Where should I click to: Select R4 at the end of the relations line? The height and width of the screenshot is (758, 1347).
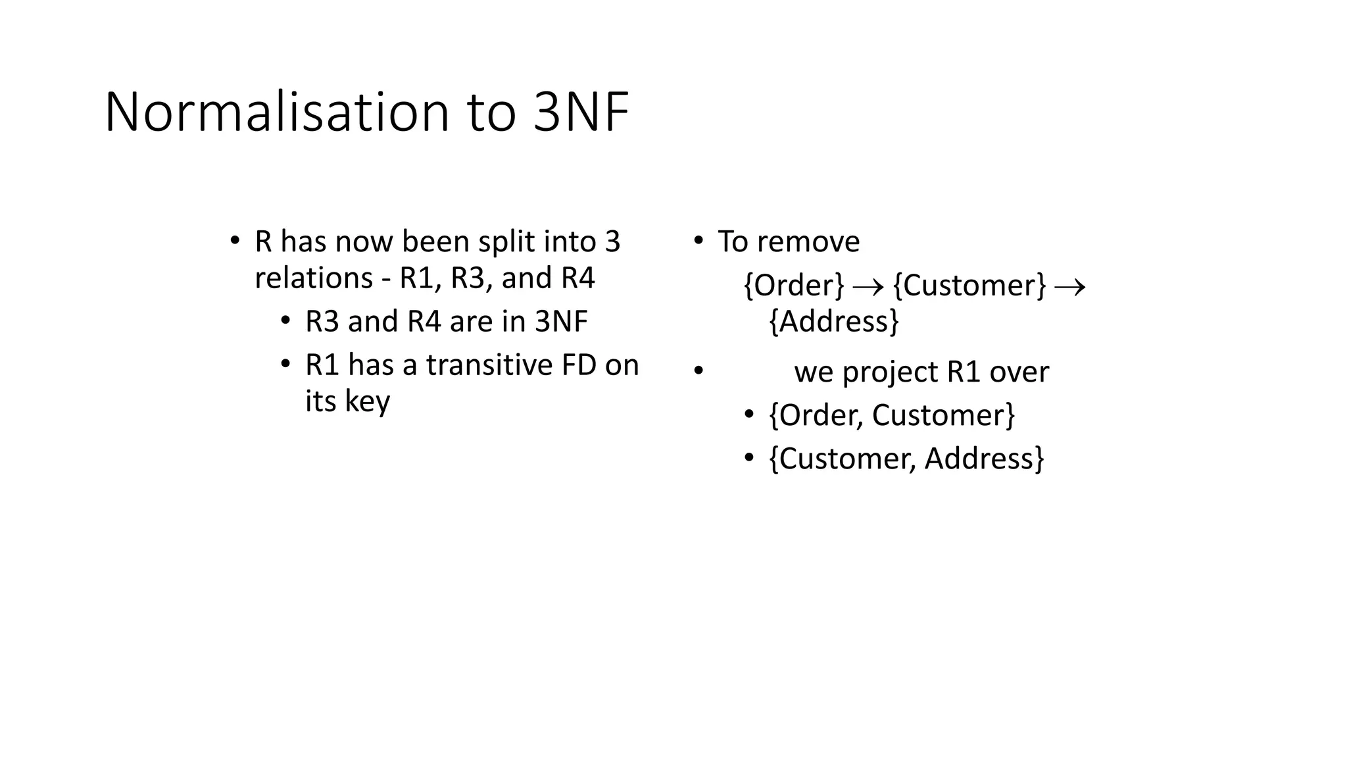(577, 278)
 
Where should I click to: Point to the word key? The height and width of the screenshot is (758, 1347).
(368, 401)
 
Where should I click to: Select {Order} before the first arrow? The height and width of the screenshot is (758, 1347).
(793, 286)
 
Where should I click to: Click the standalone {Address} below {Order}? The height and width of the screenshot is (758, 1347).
(833, 322)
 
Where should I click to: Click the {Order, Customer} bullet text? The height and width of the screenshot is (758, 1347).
(892, 415)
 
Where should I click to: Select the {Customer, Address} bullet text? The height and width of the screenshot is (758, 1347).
(906, 459)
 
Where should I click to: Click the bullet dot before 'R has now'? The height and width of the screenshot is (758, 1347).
(234, 240)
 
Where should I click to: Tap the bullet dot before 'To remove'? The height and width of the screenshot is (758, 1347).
(698, 240)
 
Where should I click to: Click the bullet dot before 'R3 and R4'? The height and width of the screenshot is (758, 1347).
(285, 320)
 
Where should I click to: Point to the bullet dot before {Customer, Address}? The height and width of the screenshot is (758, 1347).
(748, 457)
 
